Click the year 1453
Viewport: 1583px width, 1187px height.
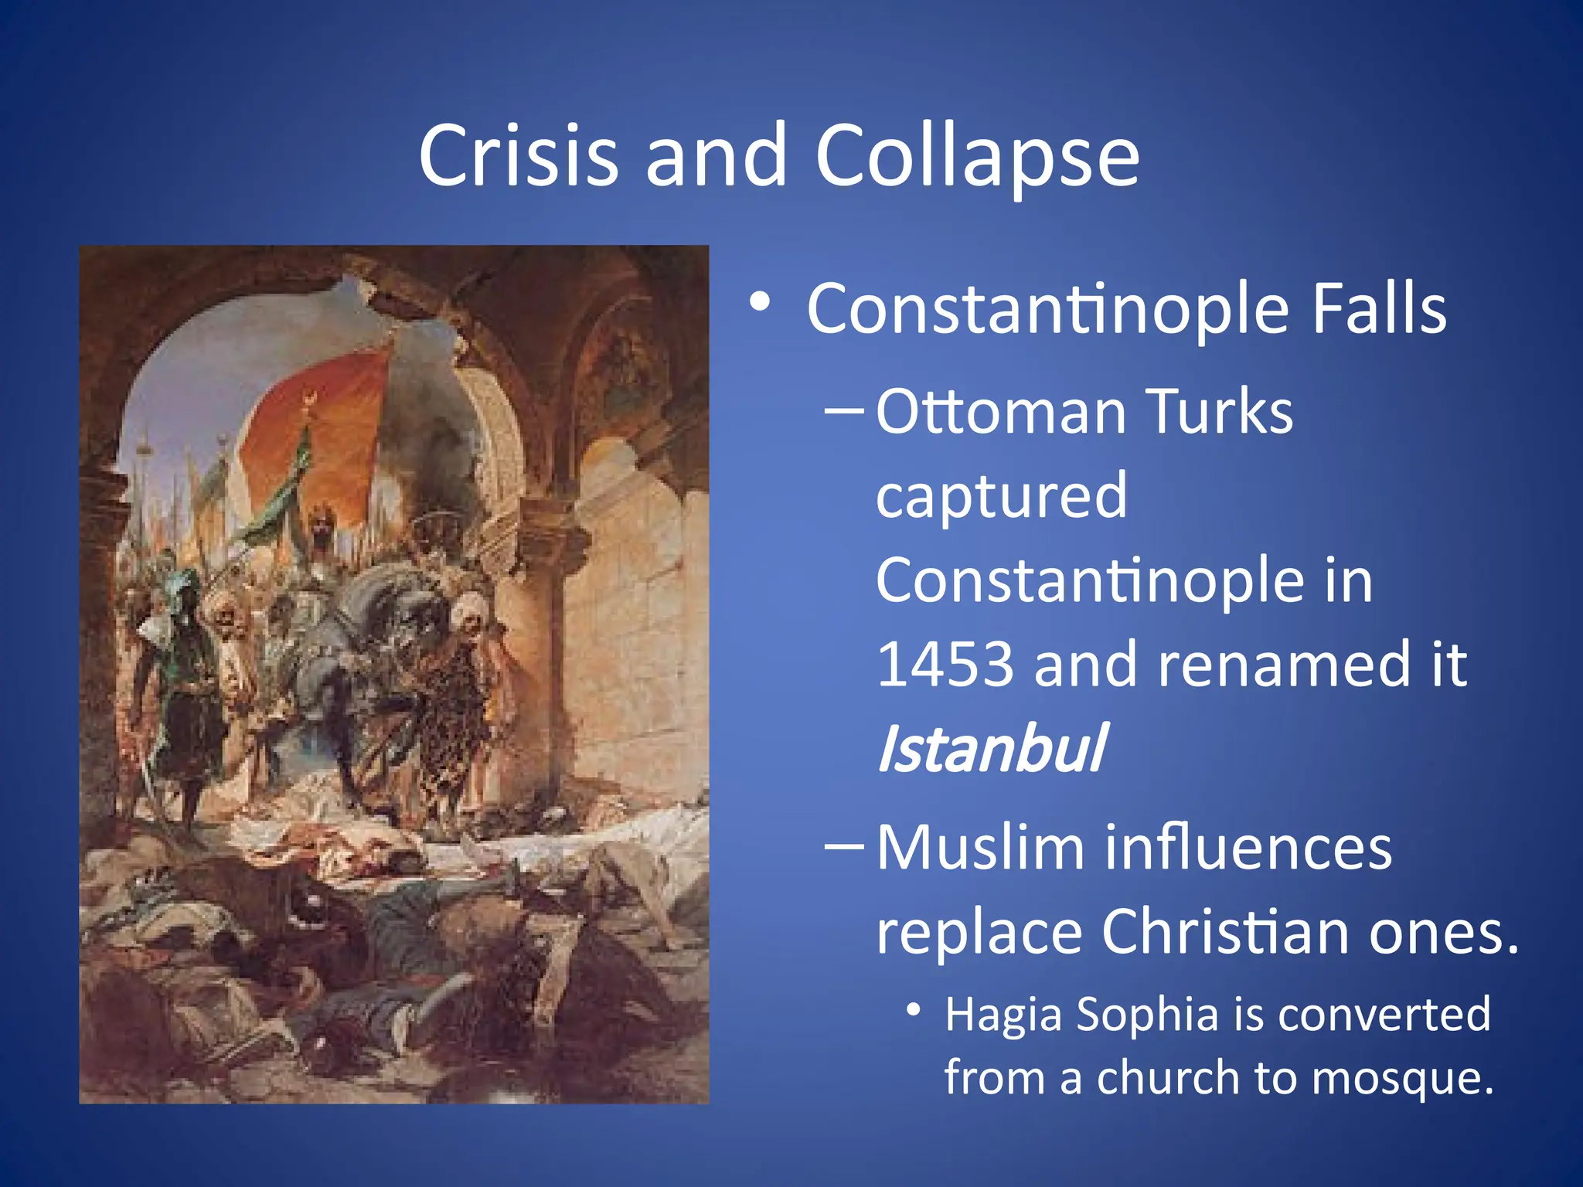(945, 665)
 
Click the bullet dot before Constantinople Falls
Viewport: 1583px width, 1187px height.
(760, 303)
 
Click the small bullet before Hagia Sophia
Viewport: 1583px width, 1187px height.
(914, 1009)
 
